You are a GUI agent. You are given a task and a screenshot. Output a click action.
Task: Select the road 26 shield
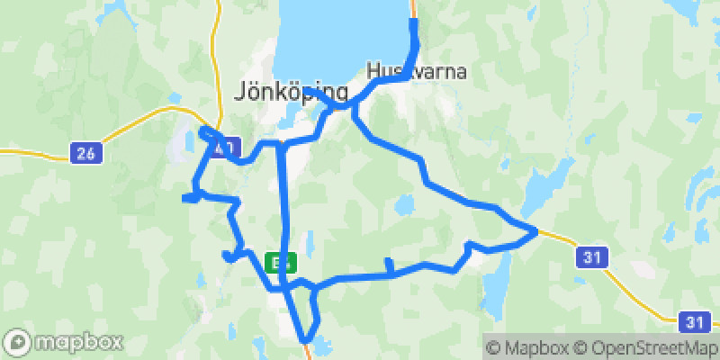[85, 154]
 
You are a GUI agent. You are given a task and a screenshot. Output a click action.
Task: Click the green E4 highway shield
[278, 262]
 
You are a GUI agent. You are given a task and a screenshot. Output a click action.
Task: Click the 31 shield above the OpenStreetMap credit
[693, 320]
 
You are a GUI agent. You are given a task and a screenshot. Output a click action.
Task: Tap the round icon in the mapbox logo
[18, 343]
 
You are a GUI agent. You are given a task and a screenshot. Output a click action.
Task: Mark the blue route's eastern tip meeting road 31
[536, 231]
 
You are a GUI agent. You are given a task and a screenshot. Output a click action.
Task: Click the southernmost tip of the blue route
[305, 340]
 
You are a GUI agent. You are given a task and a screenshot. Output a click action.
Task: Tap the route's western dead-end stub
[184, 197]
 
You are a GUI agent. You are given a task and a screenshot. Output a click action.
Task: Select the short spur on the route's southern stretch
[388, 264]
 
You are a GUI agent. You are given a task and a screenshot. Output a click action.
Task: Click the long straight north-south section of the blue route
[283, 207]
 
